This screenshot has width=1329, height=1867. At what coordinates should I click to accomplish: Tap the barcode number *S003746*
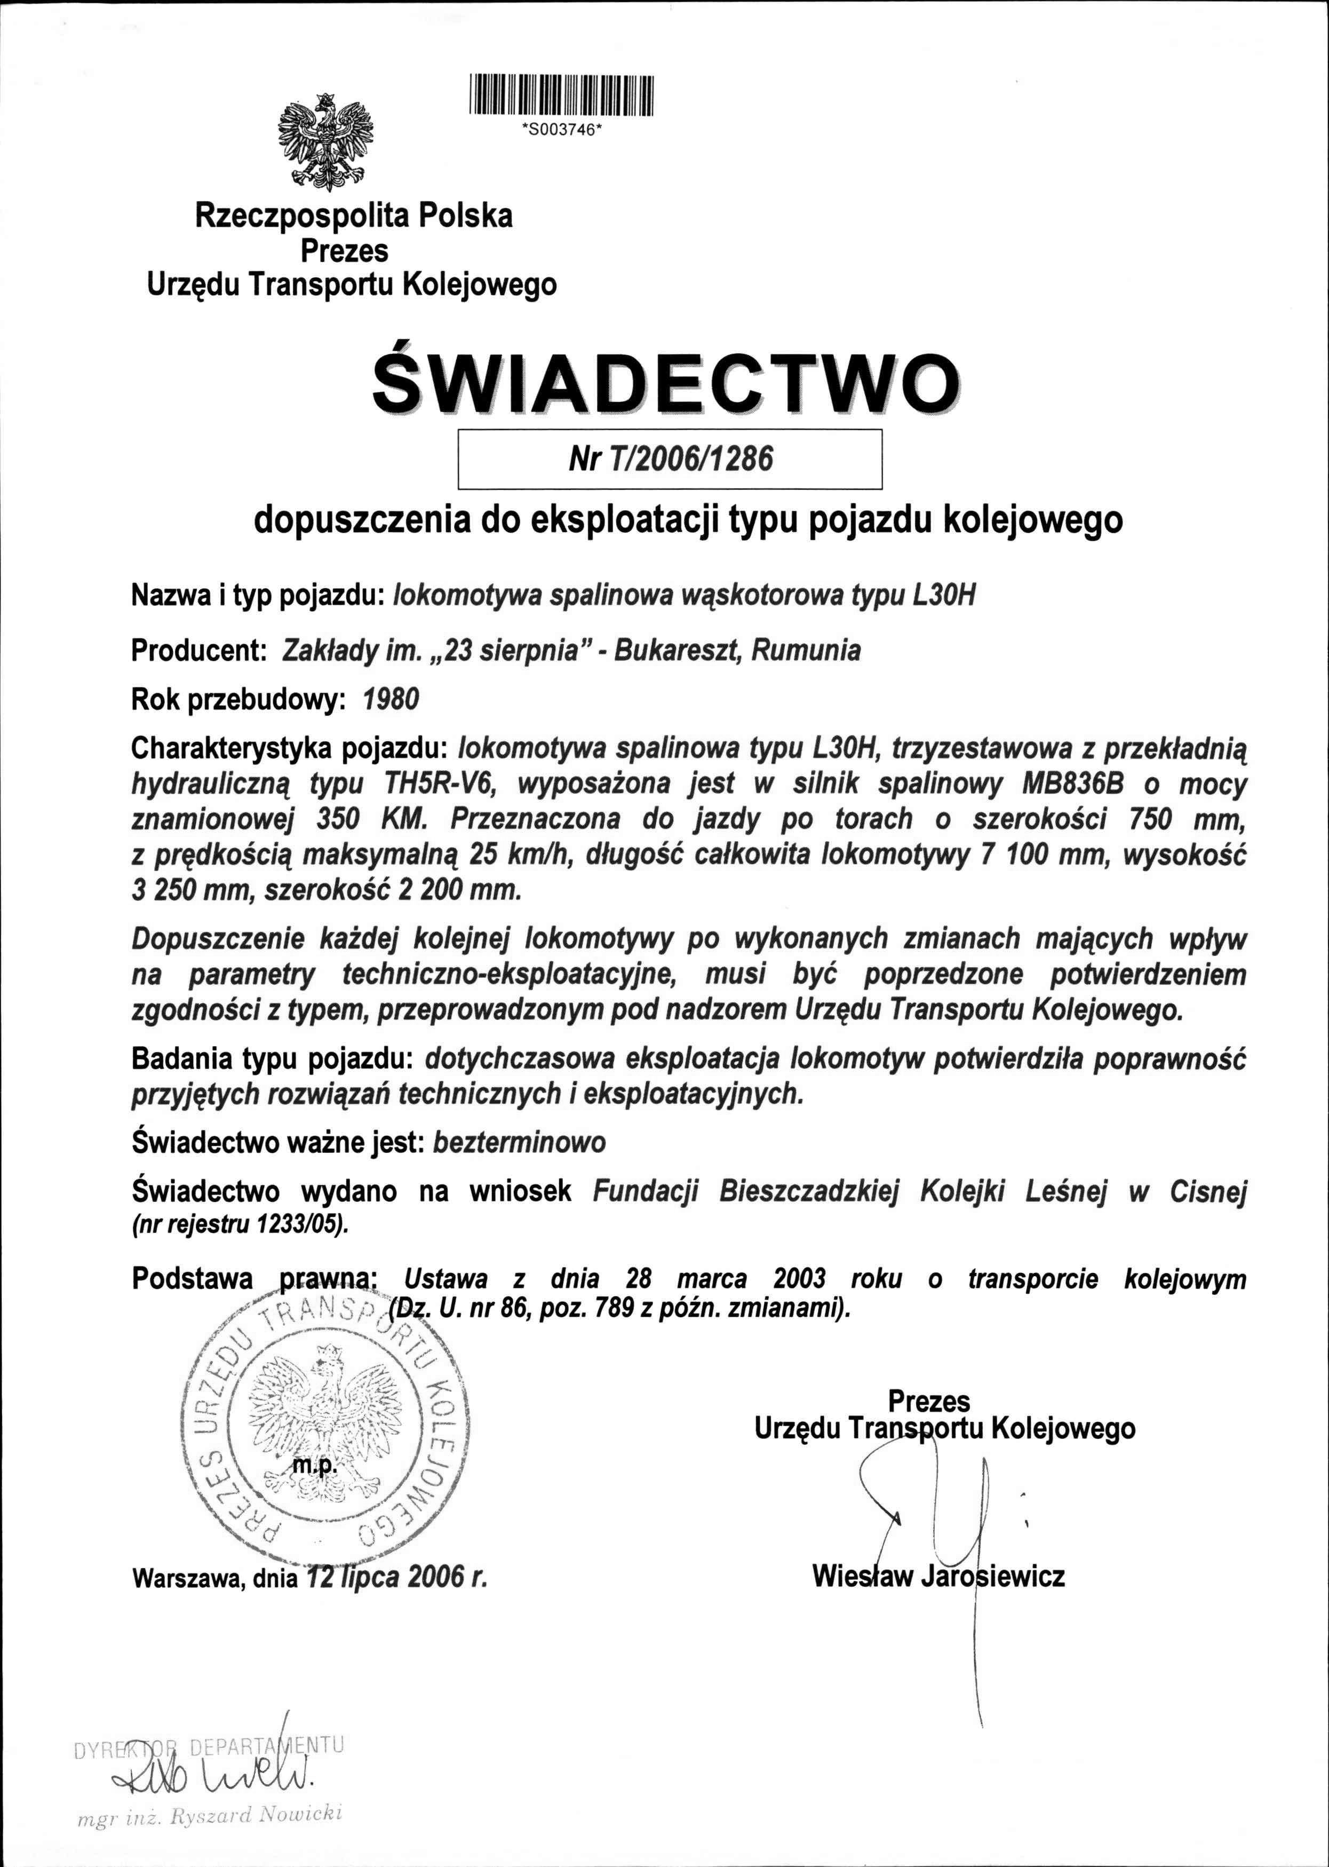click(561, 129)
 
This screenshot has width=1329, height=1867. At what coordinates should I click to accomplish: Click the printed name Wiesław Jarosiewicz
click(938, 1576)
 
